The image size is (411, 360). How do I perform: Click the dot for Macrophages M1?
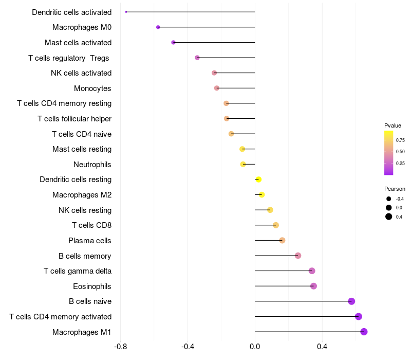click(x=364, y=332)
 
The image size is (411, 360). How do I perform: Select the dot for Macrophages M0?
click(x=158, y=27)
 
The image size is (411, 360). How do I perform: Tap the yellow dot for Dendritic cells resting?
click(x=258, y=179)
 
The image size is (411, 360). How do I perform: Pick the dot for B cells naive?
click(x=351, y=301)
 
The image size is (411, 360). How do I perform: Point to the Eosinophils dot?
click(x=313, y=286)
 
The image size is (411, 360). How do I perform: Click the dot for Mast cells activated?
click(x=173, y=42)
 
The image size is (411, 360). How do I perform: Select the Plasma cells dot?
click(x=282, y=240)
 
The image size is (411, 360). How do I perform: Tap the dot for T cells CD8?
click(x=275, y=225)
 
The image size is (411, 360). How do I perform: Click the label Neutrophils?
click(x=92, y=165)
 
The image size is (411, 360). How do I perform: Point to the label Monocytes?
click(x=92, y=88)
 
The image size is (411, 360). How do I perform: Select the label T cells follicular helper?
click(x=74, y=119)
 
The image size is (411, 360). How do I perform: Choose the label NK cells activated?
click(x=81, y=73)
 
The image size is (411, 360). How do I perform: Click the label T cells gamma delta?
click(x=78, y=271)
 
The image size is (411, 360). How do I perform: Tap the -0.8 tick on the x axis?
click(x=121, y=347)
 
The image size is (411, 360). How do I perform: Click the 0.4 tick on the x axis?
click(x=322, y=347)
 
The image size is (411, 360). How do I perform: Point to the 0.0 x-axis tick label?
click(x=255, y=347)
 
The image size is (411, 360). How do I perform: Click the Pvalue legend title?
click(x=393, y=125)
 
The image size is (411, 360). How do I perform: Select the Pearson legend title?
click(x=395, y=189)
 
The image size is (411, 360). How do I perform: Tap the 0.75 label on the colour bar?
click(x=400, y=140)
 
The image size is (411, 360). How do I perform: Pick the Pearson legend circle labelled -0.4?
click(x=389, y=199)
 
